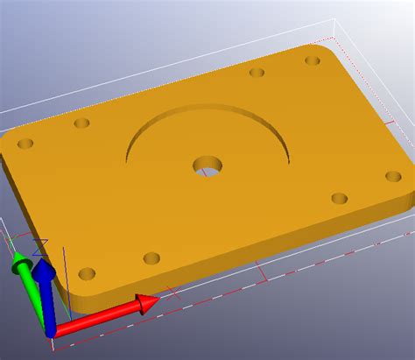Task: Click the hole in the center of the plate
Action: click(207, 164)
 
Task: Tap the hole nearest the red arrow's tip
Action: click(151, 258)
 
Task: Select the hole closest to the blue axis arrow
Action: click(87, 273)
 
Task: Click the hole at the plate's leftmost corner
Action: click(25, 143)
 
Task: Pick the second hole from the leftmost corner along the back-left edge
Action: click(81, 124)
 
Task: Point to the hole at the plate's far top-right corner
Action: click(313, 60)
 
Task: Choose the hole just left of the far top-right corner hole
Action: click(257, 73)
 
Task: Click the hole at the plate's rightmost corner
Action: click(393, 176)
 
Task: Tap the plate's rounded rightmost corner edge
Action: click(409, 188)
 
